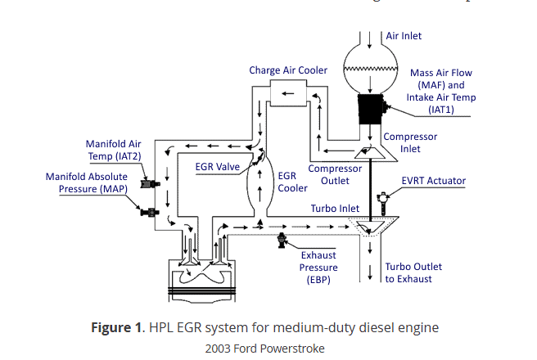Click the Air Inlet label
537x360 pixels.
click(x=404, y=36)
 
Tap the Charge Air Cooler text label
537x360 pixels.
click(x=288, y=70)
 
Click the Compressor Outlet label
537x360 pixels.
click(x=334, y=175)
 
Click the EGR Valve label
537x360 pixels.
click(x=217, y=166)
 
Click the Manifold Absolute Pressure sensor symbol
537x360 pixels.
click(x=148, y=213)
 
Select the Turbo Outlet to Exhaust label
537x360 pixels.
click(x=413, y=272)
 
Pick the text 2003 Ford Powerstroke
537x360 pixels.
click(x=264, y=348)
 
